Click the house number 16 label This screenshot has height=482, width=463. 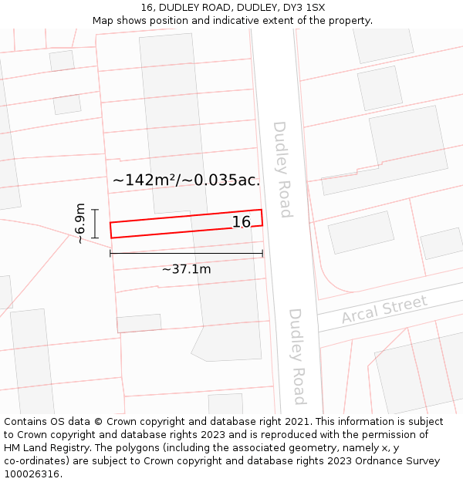click(x=242, y=222)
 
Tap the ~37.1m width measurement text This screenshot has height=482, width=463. click(x=186, y=269)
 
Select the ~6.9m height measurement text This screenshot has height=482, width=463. click(x=80, y=224)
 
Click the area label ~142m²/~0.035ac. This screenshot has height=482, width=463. click(x=186, y=180)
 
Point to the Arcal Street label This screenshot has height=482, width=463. click(x=384, y=309)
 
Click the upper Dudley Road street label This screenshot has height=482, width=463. click(x=282, y=170)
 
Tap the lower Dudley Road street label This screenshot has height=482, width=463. click(x=297, y=356)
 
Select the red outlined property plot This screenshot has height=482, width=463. click(x=170, y=224)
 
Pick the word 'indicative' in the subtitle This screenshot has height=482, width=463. click(x=235, y=21)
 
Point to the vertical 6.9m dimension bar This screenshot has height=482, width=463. click(x=95, y=224)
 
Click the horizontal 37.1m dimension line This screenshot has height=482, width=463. click(x=186, y=253)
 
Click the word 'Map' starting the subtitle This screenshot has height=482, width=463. click(x=104, y=21)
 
